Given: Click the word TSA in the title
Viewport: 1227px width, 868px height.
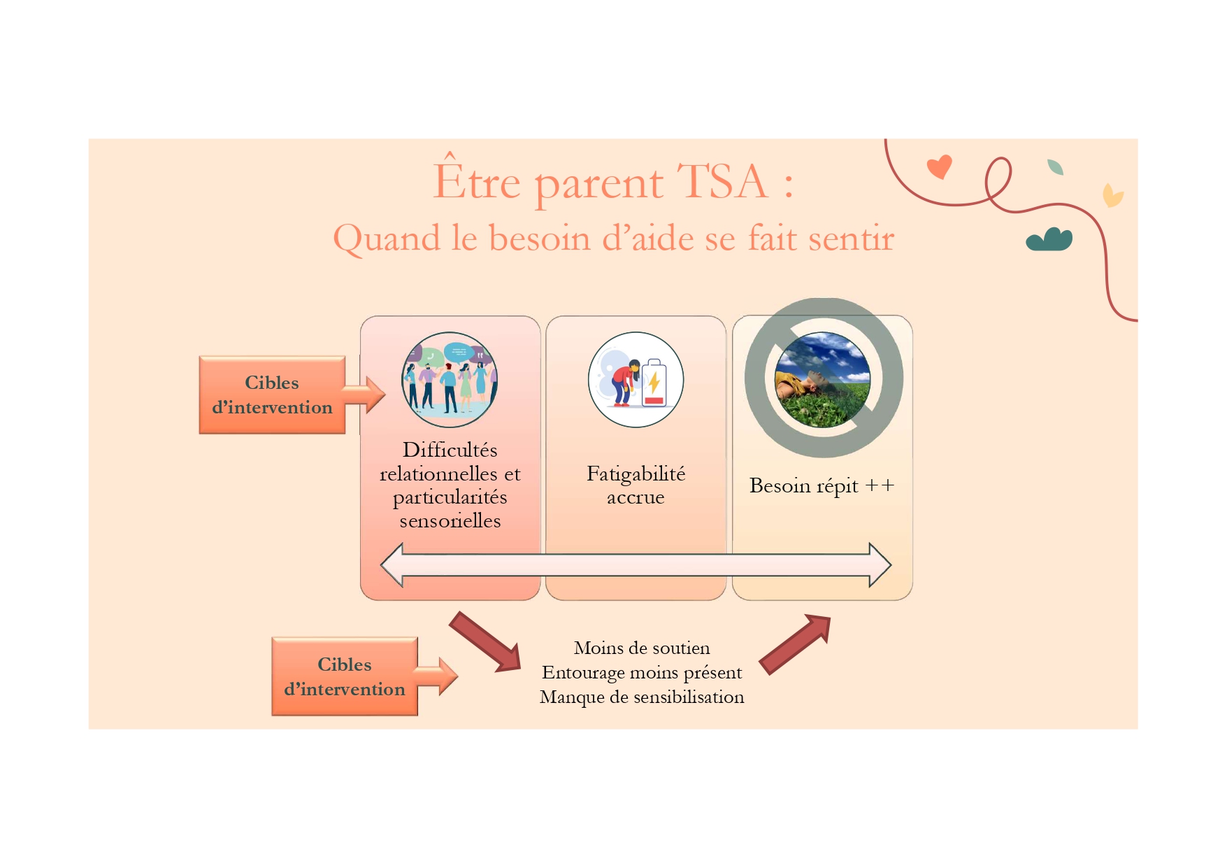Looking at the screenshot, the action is pos(723,182).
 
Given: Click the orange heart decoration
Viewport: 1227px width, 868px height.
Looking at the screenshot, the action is pos(939,166).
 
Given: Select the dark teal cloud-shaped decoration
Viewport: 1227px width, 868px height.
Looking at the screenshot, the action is pos(1049,239).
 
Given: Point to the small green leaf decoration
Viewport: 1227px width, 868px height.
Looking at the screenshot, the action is pos(1055,167).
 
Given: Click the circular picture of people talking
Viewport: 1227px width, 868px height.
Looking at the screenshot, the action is pos(450,380).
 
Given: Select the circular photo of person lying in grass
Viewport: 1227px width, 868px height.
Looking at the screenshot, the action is pos(823,380).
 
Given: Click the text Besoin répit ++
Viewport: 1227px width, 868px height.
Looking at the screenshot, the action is pos(822,485).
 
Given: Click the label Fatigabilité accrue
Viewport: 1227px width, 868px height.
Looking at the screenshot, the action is pos(636,485).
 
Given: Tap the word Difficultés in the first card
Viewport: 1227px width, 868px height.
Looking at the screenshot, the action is pos(450,450).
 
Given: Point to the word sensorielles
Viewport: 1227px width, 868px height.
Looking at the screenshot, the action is pos(450,521).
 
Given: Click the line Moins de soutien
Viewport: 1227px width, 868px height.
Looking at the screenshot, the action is pos(642,648).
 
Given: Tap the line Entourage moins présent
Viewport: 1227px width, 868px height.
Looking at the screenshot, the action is pos(642,673).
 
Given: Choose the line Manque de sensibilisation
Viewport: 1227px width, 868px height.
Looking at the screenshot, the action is pos(642,697).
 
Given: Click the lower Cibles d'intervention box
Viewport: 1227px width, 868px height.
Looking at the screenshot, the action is pos(345,676).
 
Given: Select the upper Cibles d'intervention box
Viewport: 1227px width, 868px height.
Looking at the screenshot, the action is pos(272,395).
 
